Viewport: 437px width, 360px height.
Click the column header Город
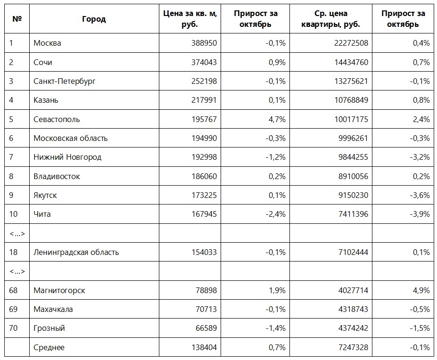point(94,19)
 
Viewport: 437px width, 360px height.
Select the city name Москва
point(47,43)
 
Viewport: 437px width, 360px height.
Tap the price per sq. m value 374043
point(204,62)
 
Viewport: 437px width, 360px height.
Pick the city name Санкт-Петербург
point(65,81)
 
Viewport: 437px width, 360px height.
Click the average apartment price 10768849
point(351,100)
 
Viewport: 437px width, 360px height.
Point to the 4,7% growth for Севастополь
point(277,119)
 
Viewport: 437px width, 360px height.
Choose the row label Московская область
point(71,138)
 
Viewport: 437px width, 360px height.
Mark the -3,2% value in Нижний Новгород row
point(420,157)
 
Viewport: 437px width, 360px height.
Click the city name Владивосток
point(57,176)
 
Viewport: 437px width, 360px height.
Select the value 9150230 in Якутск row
point(353,195)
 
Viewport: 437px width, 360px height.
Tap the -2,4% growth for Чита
point(275,214)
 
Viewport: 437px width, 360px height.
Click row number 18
point(13,252)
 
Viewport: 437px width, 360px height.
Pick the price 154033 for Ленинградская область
point(204,252)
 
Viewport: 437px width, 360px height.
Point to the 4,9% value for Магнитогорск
point(421,290)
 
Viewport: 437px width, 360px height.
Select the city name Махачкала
point(53,309)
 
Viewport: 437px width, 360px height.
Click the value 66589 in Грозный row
point(206,328)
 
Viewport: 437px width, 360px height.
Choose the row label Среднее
point(49,347)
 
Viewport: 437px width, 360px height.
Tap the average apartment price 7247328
point(353,347)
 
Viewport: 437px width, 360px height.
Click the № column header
point(17,19)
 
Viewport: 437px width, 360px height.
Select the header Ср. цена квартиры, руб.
point(331,19)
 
